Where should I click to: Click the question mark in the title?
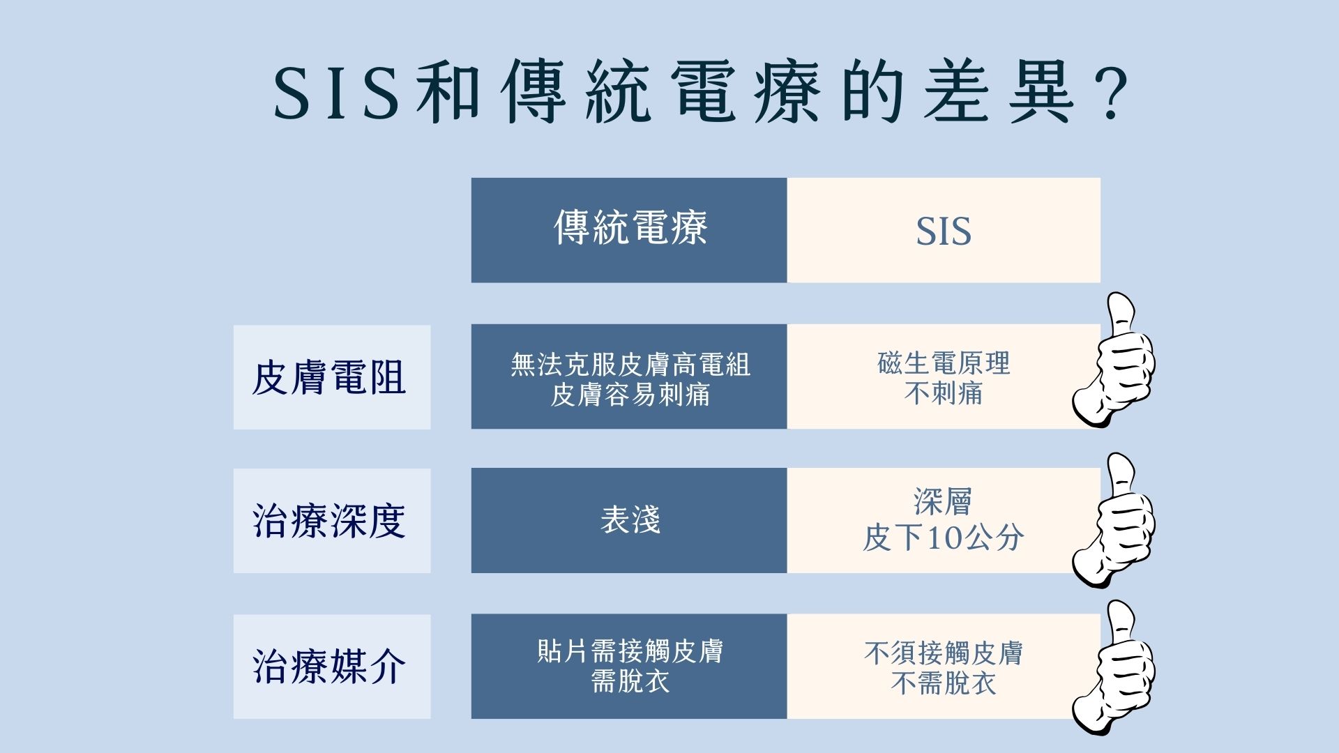(1106, 95)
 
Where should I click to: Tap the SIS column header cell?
(944, 230)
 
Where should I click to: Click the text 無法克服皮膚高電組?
(630, 365)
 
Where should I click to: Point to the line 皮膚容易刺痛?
(630, 395)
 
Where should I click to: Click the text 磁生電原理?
(944, 363)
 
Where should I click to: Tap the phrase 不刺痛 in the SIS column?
(944, 394)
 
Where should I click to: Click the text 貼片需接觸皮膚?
(630, 651)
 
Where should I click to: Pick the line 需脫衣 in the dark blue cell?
(630, 681)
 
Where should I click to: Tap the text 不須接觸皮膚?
(944, 653)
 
